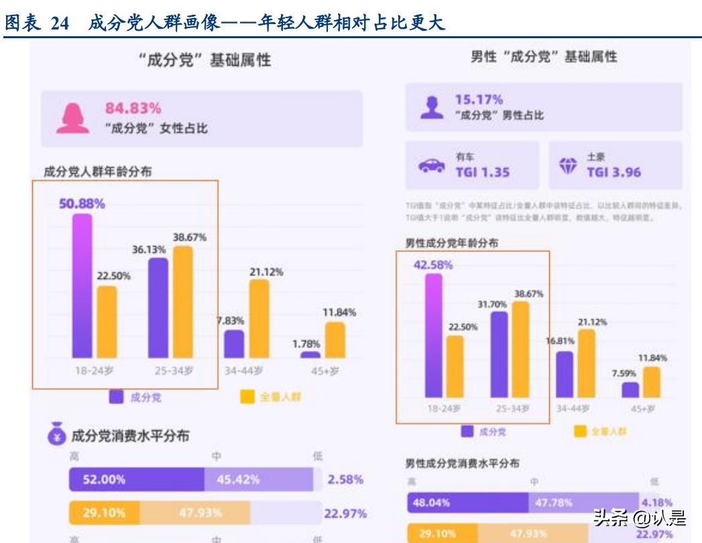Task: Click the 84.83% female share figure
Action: (133, 108)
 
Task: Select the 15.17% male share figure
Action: (479, 99)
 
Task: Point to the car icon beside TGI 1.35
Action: (431, 166)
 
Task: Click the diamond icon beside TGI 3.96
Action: (567, 166)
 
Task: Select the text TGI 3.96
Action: (613, 172)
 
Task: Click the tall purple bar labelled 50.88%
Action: (82, 286)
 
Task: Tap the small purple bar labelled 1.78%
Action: (310, 355)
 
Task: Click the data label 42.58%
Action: (433, 265)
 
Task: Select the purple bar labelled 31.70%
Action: (500, 355)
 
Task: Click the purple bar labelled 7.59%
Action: (630, 390)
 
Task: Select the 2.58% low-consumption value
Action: (346, 480)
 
